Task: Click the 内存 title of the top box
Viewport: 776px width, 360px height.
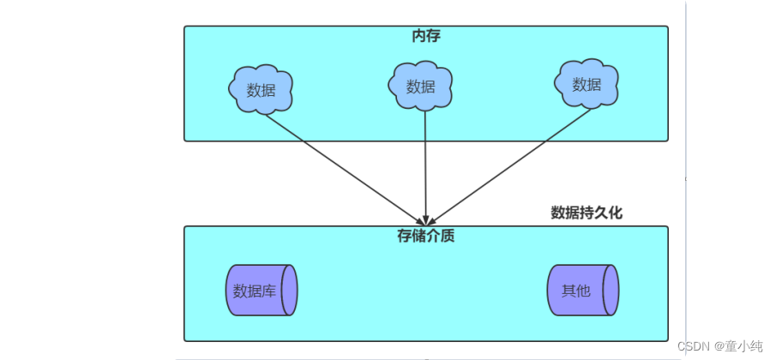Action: (x=426, y=36)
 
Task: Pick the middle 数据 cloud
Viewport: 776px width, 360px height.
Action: (x=420, y=86)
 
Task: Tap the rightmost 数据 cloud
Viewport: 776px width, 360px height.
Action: (x=587, y=84)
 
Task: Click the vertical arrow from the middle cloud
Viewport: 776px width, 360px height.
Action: (x=426, y=163)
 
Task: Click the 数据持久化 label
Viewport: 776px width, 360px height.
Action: (x=587, y=213)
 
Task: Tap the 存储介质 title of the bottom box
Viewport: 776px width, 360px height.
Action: (x=426, y=236)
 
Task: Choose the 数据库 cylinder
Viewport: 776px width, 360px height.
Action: (x=262, y=291)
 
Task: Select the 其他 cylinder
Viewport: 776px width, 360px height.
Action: (x=582, y=291)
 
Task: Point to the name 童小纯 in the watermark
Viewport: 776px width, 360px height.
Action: (x=743, y=346)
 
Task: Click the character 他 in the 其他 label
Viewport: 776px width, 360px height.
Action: (x=583, y=291)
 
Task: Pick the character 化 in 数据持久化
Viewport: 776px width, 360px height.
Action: (x=615, y=213)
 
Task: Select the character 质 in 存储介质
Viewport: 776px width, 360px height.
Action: (x=448, y=236)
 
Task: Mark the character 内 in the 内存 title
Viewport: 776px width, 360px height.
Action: (x=419, y=36)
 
